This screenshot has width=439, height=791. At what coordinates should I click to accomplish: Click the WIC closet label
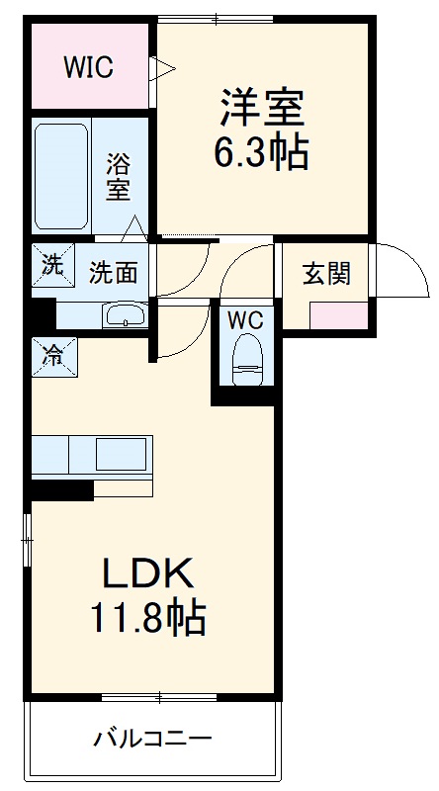[x=89, y=67]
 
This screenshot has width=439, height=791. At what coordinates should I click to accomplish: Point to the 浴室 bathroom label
[x=119, y=176]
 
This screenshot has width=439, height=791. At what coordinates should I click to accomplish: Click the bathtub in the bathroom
[x=62, y=175]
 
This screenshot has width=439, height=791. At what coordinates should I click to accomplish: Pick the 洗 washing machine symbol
[x=49, y=264]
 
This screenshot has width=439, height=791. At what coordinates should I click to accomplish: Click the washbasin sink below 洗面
[x=126, y=316]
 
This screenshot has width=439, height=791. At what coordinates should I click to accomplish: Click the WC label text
[x=244, y=319]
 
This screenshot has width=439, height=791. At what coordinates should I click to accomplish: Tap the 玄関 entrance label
[x=325, y=273]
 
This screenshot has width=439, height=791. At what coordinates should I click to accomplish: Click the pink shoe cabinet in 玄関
[x=338, y=316]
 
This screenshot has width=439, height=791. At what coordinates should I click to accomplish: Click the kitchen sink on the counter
[x=121, y=456]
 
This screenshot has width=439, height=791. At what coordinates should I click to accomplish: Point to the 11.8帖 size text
[x=148, y=619]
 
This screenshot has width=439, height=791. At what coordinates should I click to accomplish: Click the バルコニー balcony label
[x=152, y=738]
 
